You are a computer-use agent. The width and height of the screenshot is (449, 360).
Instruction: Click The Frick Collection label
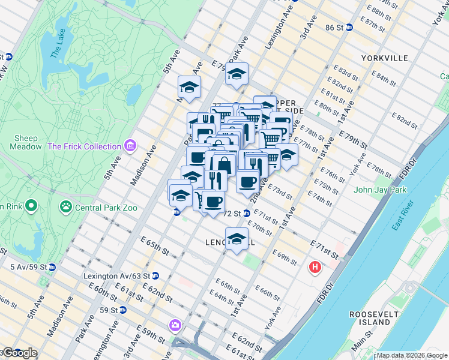(x=84, y=146)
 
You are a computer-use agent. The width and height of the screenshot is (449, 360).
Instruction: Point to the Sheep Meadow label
(x=26, y=142)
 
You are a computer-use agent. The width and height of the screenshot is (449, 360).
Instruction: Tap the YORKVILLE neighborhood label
(x=385, y=58)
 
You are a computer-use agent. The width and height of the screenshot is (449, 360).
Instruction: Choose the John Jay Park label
(x=380, y=190)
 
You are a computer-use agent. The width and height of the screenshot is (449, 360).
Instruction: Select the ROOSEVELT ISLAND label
(x=372, y=318)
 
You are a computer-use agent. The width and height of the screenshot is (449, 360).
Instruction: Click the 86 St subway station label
(x=334, y=28)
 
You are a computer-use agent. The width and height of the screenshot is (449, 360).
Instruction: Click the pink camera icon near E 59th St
(x=175, y=325)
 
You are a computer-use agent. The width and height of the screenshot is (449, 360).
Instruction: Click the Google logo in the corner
(x=20, y=353)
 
